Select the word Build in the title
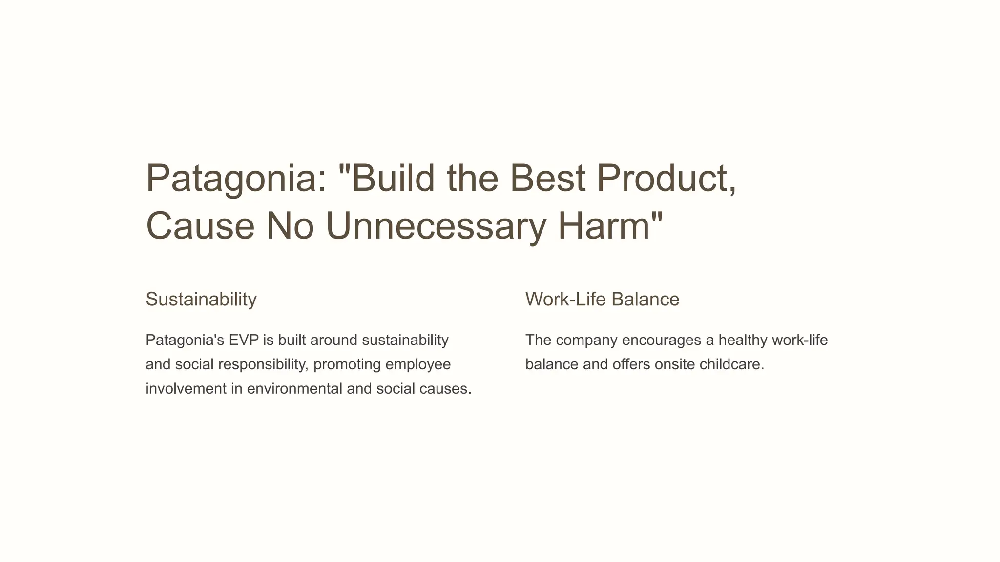(x=393, y=179)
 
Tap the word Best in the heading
(x=547, y=179)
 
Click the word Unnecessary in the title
(x=436, y=226)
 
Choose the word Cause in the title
(x=200, y=226)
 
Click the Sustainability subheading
(x=201, y=299)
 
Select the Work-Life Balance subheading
(x=602, y=299)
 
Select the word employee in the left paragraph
(x=418, y=364)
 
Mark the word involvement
(x=186, y=389)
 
